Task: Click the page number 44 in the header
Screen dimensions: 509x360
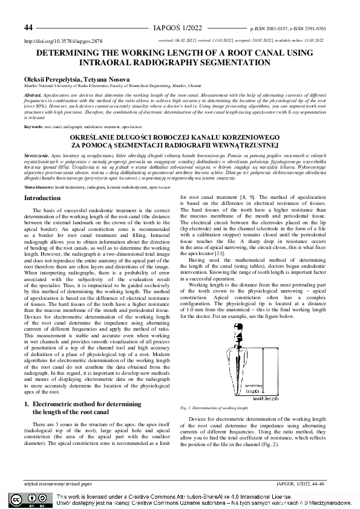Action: tap(28, 28)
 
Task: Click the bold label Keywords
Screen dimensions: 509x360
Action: tap(34, 127)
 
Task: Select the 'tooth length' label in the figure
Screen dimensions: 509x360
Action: tap(265, 398)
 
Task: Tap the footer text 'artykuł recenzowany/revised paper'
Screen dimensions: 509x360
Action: tap(58, 484)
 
